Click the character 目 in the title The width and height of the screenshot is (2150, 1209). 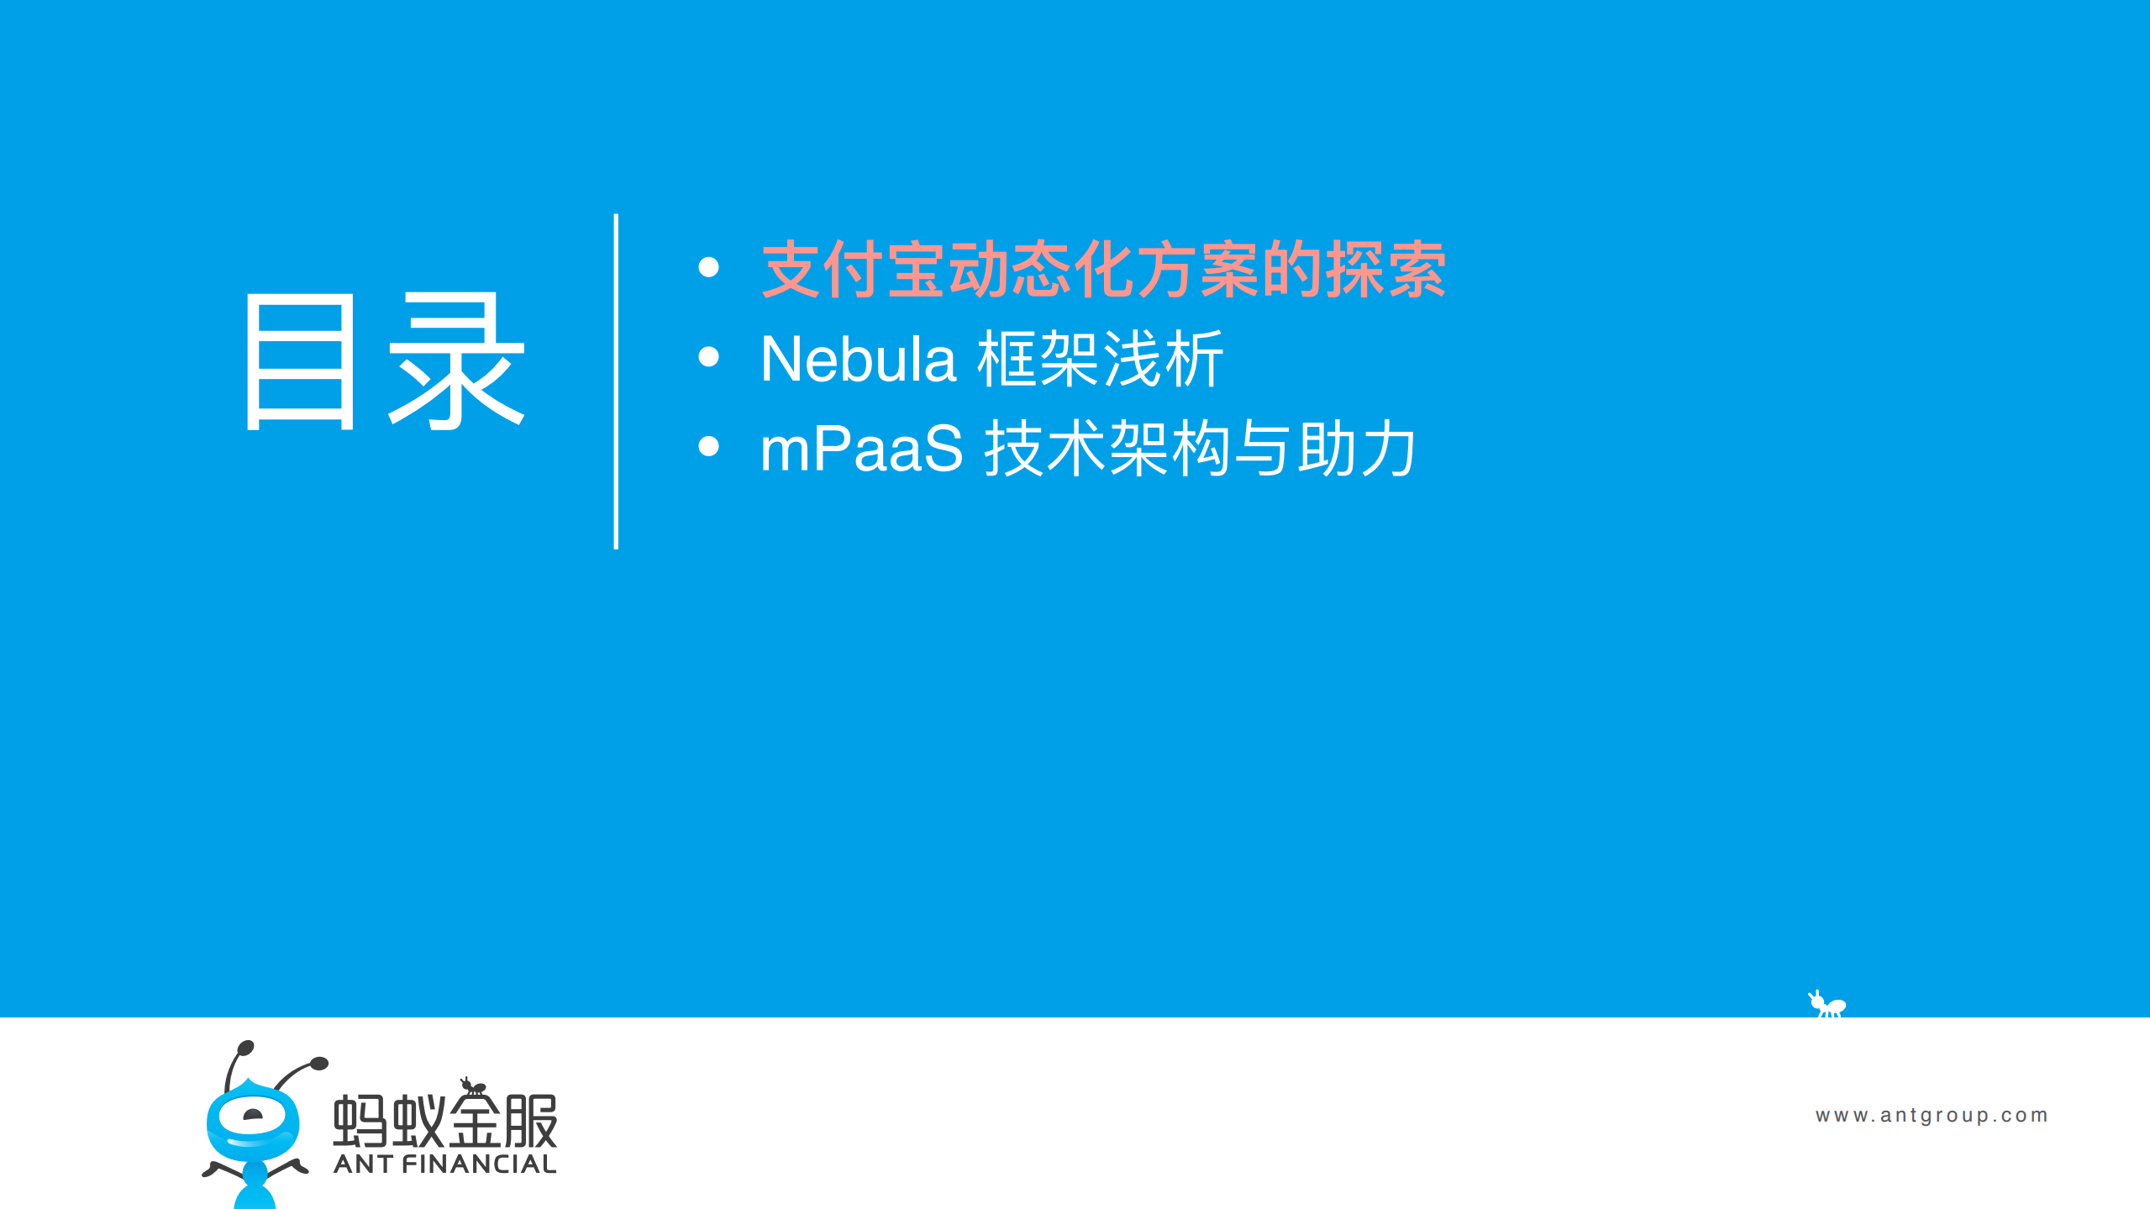pyautogui.click(x=300, y=362)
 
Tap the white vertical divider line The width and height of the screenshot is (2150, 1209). pyautogui.click(x=616, y=381)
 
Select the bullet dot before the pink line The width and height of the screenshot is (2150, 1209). pyautogui.click(x=708, y=267)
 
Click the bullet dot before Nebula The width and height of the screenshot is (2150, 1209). pyautogui.click(x=708, y=357)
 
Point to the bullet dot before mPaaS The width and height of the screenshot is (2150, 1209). pyautogui.click(x=708, y=446)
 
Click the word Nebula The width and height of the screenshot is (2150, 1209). pyautogui.click(x=857, y=360)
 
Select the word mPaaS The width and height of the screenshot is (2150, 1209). pyautogui.click(x=860, y=449)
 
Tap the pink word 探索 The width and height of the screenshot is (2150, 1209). pyautogui.click(x=1385, y=270)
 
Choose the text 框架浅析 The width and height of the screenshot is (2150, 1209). pyautogui.click(x=1100, y=360)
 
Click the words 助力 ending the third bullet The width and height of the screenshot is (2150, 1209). pyautogui.click(x=1356, y=449)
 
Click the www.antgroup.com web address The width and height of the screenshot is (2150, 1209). pyautogui.click(x=1931, y=1115)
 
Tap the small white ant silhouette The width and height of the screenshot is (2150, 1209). pyautogui.click(x=1827, y=1004)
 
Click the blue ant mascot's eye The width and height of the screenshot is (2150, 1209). pyautogui.click(x=252, y=1116)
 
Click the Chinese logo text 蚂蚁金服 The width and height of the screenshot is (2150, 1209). pyautogui.click(x=445, y=1121)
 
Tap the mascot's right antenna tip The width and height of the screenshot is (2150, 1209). pyautogui.click(x=319, y=1064)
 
